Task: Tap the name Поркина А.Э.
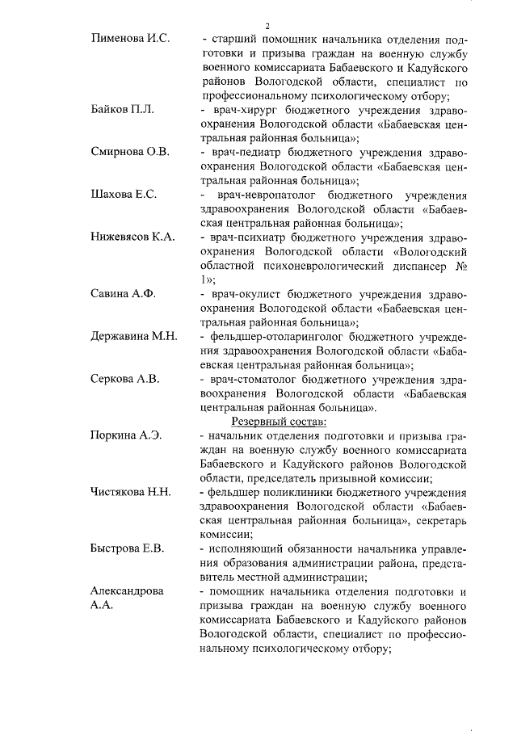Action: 127,435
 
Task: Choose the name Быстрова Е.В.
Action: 128,549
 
